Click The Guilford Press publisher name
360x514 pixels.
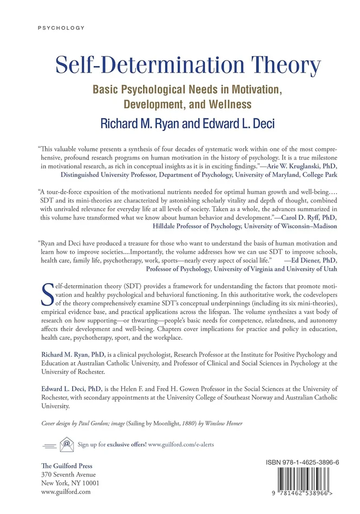coord(67,465)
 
